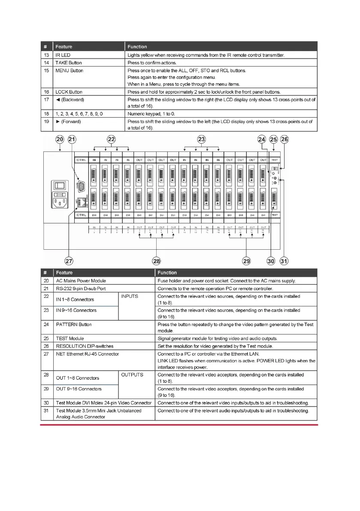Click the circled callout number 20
click(60, 139)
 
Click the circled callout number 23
click(201, 139)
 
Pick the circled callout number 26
click(284, 139)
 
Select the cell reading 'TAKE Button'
click(69, 63)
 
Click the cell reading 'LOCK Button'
click(69, 92)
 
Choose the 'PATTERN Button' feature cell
click(74, 324)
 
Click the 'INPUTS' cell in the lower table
click(130, 296)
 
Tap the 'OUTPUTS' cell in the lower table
click(132, 375)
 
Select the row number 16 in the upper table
click(45, 92)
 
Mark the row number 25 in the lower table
click(46, 339)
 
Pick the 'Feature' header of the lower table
click(64, 272)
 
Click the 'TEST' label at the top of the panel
click(275, 160)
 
